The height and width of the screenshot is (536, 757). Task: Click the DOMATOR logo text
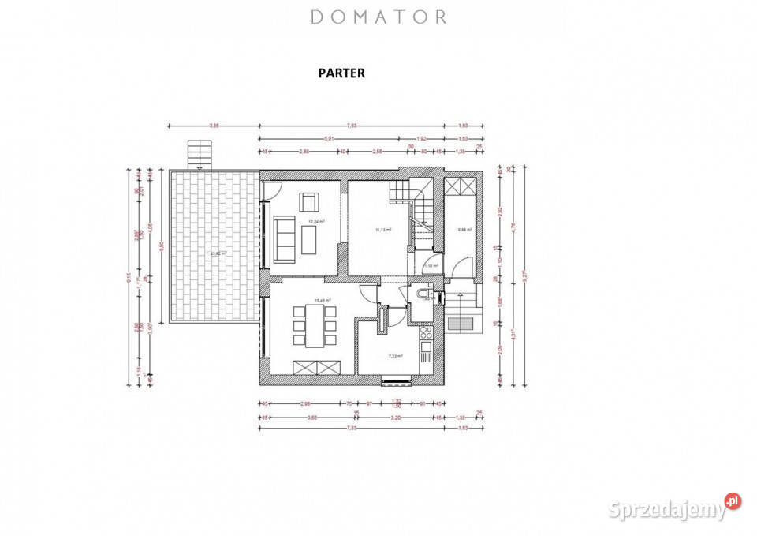point(378,17)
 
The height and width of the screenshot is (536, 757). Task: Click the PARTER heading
point(341,73)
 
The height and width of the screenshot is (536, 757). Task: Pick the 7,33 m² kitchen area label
point(395,356)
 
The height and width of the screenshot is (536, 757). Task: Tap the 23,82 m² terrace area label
point(217,253)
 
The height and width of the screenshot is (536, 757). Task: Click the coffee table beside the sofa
point(308,240)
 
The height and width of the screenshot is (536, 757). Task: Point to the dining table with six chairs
point(315,325)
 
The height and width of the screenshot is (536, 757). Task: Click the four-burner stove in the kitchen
point(426,332)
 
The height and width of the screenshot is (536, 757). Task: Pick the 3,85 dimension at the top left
point(214,126)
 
